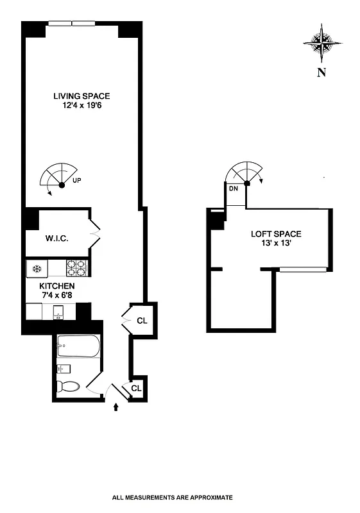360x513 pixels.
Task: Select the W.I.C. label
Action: [56, 239]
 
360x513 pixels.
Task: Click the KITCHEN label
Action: [57, 286]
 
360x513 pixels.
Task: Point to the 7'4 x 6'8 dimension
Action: [57, 295]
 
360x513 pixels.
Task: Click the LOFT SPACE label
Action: [275, 234]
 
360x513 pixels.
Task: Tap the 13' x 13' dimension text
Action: [276, 244]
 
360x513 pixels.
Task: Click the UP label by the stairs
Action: [77, 181]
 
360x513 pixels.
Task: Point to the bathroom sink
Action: [64, 369]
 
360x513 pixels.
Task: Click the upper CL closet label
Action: [142, 320]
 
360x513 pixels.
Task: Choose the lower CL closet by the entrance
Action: [136, 388]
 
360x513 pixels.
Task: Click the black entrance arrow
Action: [116, 407]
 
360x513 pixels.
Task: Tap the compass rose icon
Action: [321, 42]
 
